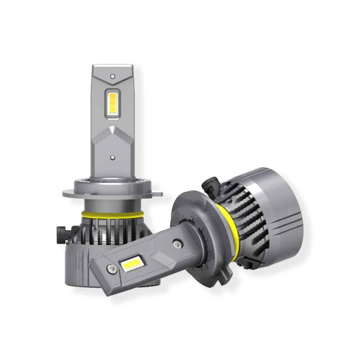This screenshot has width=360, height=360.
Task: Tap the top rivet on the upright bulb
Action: click(113, 77)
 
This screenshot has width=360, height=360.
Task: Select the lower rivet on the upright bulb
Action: click(113, 158)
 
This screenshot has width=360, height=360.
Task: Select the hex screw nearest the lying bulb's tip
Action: click(111, 268)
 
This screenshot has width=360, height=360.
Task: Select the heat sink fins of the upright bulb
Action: click(108, 230)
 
